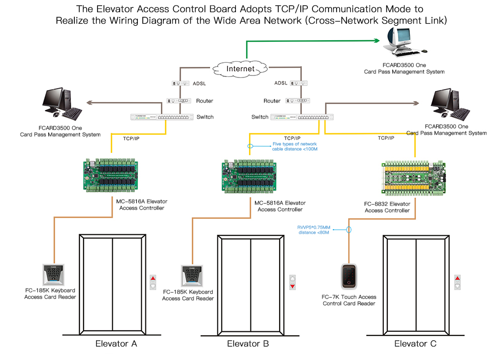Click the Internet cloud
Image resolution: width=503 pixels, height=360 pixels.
pos(240,68)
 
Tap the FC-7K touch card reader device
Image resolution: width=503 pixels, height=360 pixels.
pos(349,277)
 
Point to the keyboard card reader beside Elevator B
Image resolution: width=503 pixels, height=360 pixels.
pos(191,276)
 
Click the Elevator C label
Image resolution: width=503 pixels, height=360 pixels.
pos(415,344)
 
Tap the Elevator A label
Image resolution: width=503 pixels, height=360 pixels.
pos(116,344)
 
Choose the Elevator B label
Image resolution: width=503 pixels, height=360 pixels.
pos(248,344)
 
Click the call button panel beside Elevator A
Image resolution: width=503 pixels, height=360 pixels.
pos(153,282)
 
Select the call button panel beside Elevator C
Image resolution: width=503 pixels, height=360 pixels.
pos(458,282)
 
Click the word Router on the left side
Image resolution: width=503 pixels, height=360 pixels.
pos(205,101)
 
